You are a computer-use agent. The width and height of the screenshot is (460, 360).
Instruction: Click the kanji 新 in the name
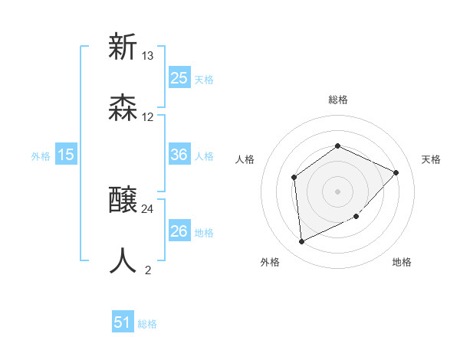pyautogui.click(x=123, y=47)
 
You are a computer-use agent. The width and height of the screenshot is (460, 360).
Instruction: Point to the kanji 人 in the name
pyautogui.click(x=123, y=260)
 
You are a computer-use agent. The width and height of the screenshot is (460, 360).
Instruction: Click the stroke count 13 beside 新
pyautogui.click(x=147, y=56)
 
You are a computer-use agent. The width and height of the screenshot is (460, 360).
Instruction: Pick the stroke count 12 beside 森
pyautogui.click(x=147, y=117)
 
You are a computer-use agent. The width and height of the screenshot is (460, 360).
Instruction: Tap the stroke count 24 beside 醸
pyautogui.click(x=147, y=208)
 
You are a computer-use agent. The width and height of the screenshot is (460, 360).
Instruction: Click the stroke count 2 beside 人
pyautogui.click(x=147, y=270)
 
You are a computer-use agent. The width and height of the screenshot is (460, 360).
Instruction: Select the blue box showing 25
pyautogui.click(x=179, y=78)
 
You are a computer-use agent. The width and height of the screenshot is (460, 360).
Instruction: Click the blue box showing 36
pyautogui.click(x=179, y=155)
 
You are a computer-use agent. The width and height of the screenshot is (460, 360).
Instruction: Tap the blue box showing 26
pyautogui.click(x=179, y=231)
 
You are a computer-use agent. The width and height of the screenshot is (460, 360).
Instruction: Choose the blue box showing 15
pyautogui.click(x=66, y=155)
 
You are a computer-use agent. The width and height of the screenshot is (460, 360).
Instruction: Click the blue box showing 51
pyautogui.click(x=123, y=322)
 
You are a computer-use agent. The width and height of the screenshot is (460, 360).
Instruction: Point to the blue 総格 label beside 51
pyautogui.click(x=147, y=324)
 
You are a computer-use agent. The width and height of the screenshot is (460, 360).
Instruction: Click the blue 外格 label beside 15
pyautogui.click(x=41, y=156)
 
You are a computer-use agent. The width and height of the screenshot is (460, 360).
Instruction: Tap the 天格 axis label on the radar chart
pyautogui.click(x=431, y=159)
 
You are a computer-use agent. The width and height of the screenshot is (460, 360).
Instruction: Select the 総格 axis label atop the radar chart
pyautogui.click(x=338, y=100)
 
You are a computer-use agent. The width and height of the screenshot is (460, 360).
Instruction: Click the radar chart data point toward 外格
pyautogui.click(x=301, y=242)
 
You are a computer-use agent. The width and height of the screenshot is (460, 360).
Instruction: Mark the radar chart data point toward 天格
pyautogui.click(x=396, y=172)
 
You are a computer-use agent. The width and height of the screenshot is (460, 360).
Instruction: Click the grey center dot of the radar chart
pyautogui.click(x=337, y=191)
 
